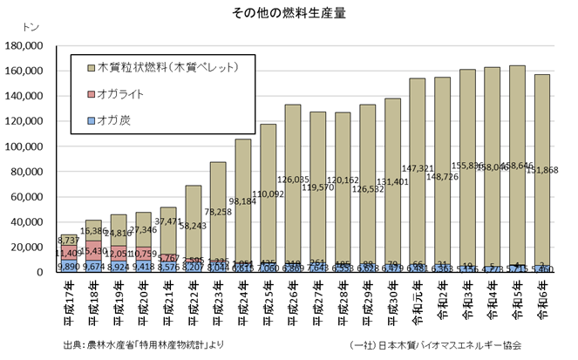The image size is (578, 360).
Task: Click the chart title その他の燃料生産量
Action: coord(289,13)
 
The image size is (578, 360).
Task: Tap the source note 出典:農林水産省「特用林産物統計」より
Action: coord(143,344)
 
